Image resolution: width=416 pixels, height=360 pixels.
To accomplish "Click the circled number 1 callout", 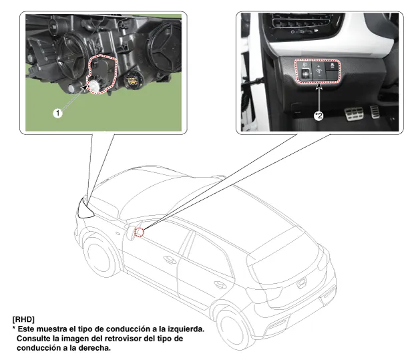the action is pyautogui.click(x=58, y=114).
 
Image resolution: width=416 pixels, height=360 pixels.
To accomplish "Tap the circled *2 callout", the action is pyautogui.click(x=319, y=116).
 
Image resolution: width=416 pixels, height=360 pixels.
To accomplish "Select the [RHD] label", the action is pyautogui.click(x=23, y=319).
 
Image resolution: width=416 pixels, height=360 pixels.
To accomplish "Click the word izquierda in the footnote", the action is pyautogui.click(x=186, y=329).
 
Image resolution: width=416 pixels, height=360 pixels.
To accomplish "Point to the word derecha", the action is pyautogui.click(x=94, y=348).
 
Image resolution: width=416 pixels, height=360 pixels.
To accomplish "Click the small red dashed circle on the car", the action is pyautogui.click(x=140, y=232).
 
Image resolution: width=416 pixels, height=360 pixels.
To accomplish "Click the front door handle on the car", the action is pyautogui.click(x=170, y=259).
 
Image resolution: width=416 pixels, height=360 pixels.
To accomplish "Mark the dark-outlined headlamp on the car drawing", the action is pyautogui.click(x=85, y=208).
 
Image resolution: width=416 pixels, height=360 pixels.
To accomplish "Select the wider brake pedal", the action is pyautogui.click(x=354, y=114).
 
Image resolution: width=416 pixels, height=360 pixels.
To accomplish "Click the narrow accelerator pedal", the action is pyautogui.click(x=375, y=112).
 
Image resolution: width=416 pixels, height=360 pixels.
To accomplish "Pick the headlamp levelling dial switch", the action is pyautogui.click(x=305, y=72).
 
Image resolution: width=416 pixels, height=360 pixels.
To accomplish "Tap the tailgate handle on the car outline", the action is pyautogui.click(x=300, y=283).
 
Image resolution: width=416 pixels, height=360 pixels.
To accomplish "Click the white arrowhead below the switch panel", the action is pyautogui.click(x=319, y=86).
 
